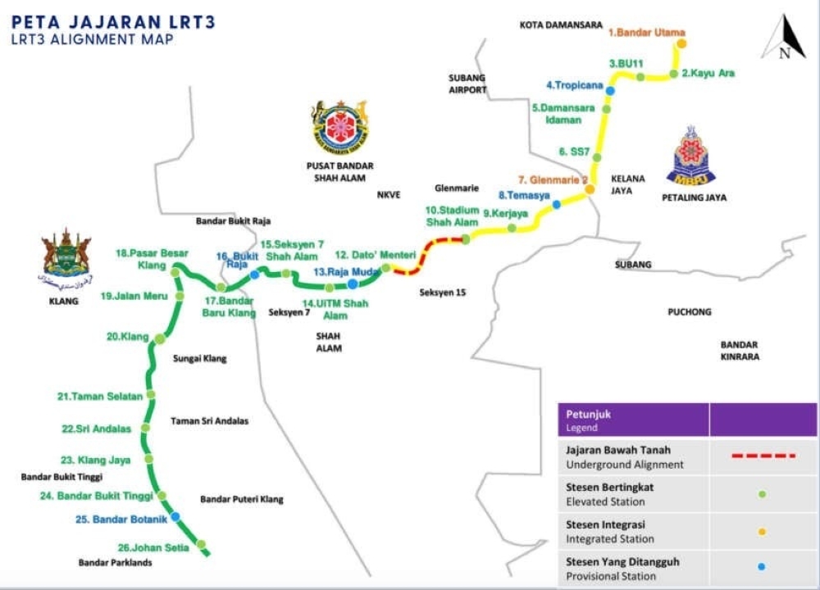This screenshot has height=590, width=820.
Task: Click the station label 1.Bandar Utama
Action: [x=646, y=33]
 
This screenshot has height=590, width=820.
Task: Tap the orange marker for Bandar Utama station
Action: [x=681, y=44]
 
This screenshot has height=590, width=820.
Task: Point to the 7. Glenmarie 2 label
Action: [x=553, y=179]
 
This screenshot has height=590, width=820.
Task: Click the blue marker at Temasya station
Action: [x=556, y=204]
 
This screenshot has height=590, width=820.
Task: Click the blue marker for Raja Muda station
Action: [x=352, y=284]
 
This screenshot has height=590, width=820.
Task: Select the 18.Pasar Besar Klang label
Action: [x=153, y=259]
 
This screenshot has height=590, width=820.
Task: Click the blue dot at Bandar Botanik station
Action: [x=175, y=516]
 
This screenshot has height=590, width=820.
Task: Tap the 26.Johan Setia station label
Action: [x=153, y=547]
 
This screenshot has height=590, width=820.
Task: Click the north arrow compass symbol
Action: [x=784, y=39]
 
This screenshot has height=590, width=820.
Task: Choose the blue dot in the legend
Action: [x=763, y=567]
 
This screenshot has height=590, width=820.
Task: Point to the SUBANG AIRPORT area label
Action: [x=467, y=84]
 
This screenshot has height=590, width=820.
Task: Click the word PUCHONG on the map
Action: [x=689, y=312]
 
